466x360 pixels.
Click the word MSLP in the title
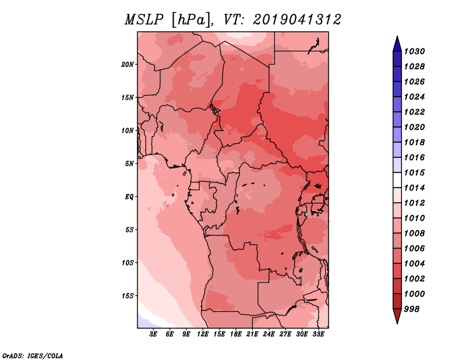pos(144,20)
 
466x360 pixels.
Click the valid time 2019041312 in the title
pos(297,20)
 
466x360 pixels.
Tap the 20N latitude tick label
pos(128,65)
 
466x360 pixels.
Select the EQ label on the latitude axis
pos(129,197)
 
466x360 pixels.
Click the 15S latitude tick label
pos(128,296)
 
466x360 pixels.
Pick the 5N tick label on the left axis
pos(129,164)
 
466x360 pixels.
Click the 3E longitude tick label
pos(153,334)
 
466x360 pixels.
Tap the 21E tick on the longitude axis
pos(252,334)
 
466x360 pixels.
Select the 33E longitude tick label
pos(318,334)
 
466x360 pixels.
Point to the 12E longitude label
pos(202,334)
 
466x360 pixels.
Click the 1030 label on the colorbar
pos(414,51)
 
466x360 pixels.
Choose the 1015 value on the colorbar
pos(414,172)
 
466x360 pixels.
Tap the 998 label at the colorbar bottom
pos(412,309)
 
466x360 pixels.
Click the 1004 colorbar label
pos(414,264)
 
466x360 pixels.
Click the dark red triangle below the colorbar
pos(397,315)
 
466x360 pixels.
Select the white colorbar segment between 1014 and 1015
pos(397,180)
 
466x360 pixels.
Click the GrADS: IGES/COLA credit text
pos(33,356)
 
